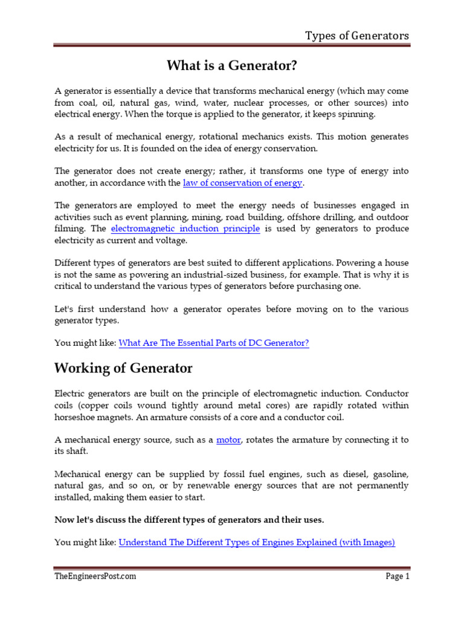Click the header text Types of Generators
pos(356,35)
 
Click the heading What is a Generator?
pos(231,65)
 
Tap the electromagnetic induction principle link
pos(185,228)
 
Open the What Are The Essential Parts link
pos(214,343)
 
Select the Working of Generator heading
pos(123,368)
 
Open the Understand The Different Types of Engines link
pos(257,542)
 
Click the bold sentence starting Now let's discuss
pos(189,519)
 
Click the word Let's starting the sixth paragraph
pos(66,309)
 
